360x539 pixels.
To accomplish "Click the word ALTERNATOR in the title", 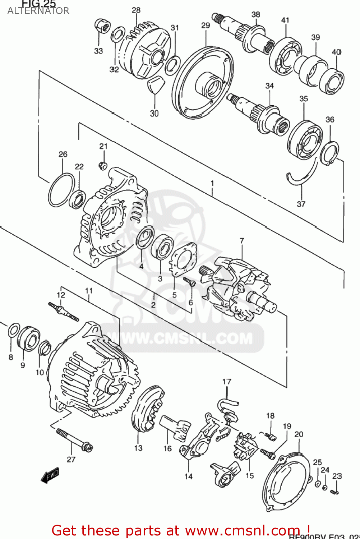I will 38,11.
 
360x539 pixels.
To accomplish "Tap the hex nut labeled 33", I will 102,26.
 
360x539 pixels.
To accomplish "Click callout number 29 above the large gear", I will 206,26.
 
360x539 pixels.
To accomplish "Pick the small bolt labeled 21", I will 103,165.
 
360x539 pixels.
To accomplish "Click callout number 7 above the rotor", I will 242,241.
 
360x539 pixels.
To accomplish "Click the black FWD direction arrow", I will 50,475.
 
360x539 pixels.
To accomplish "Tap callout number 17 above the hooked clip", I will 227,381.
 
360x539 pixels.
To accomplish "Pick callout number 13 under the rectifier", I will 138,448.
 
